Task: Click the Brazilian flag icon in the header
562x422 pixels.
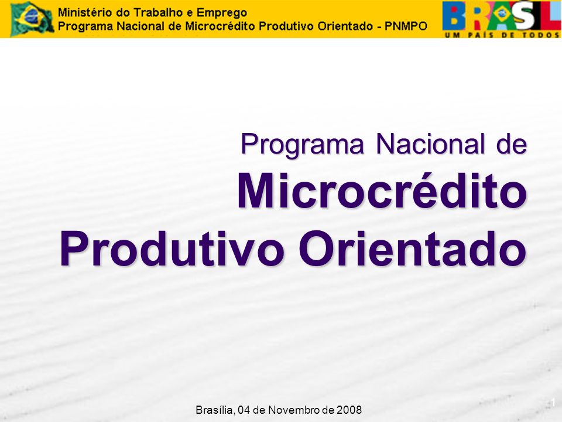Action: point(32,19)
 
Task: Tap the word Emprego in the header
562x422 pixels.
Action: point(222,13)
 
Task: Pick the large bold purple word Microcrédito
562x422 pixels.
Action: point(382,190)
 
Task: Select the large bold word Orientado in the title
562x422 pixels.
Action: point(413,249)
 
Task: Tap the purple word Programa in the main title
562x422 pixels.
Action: point(302,145)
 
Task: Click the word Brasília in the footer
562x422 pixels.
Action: point(215,410)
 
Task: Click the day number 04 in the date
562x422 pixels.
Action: point(244,410)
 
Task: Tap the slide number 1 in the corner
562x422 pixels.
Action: point(553,402)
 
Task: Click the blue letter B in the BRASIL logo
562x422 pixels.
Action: point(453,16)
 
